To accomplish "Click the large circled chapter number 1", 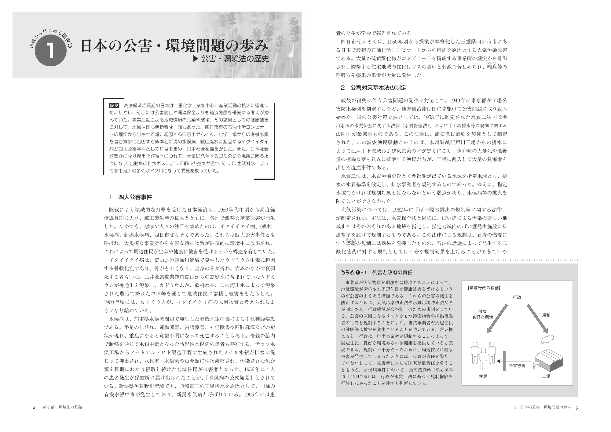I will (51, 51).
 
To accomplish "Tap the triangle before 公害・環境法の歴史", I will (196, 59).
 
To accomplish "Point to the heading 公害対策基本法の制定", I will (379, 88).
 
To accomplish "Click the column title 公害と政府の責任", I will (394, 272).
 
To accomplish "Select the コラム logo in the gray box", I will (350, 272).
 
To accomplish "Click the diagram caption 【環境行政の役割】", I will (484, 288).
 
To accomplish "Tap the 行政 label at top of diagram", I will (517, 297).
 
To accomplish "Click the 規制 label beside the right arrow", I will (546, 315).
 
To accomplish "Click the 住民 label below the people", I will (483, 376).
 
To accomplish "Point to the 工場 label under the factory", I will (546, 376).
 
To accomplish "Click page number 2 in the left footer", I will (34, 408).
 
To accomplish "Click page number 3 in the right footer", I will (576, 408).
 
